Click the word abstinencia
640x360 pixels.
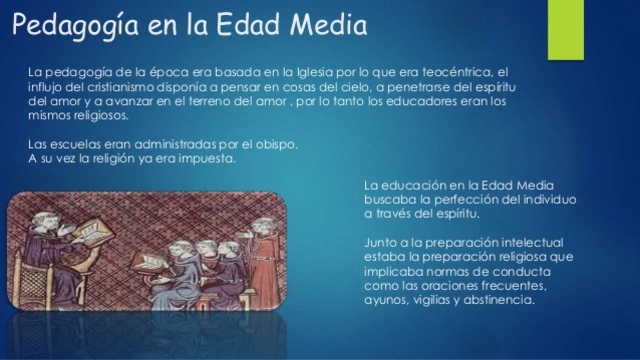coord(501,298)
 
